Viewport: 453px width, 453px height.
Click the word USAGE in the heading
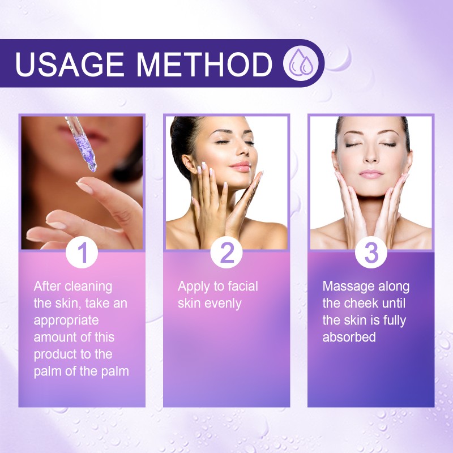(x=69, y=63)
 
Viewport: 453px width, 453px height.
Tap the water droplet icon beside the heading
(x=299, y=63)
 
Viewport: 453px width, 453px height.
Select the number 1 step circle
(x=83, y=253)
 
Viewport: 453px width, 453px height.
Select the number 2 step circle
(x=226, y=253)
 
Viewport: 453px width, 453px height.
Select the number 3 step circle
(x=371, y=253)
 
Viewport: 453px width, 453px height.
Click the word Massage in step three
(x=350, y=286)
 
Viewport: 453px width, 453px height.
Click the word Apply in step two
(x=194, y=287)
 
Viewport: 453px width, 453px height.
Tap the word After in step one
(x=48, y=286)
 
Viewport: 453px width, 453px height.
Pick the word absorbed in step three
(x=349, y=337)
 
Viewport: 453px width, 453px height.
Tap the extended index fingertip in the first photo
(x=80, y=187)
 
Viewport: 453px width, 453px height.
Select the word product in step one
(x=54, y=354)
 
